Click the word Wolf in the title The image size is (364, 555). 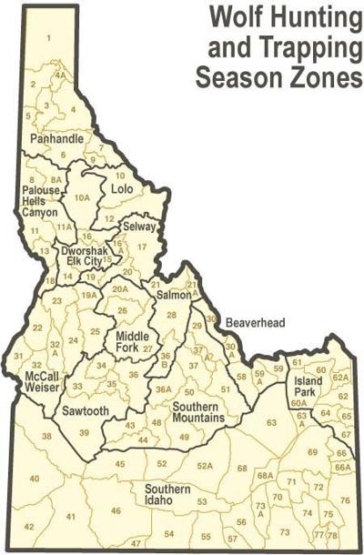[x=229, y=15]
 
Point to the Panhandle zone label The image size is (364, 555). [x=56, y=139]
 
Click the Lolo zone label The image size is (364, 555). [x=121, y=189]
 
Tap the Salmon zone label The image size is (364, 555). [x=173, y=296]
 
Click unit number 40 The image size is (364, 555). [x=35, y=478]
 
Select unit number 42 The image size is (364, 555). [x=29, y=527]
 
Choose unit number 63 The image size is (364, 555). [x=270, y=422]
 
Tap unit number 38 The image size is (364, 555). [x=46, y=437]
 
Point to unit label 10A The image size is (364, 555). [x=83, y=197]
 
